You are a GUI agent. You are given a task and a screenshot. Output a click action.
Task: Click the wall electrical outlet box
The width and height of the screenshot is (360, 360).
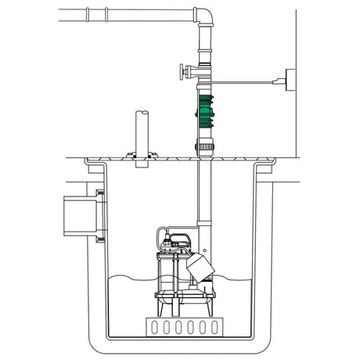pos(291,78)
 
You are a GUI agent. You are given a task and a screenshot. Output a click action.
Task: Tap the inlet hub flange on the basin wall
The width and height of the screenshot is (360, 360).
pos(100,212)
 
